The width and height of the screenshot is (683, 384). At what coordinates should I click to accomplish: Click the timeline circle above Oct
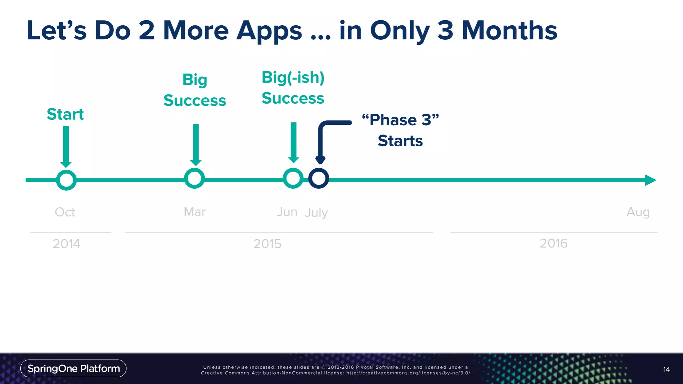pos(66,180)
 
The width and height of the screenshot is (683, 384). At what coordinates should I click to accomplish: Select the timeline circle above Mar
pos(194,178)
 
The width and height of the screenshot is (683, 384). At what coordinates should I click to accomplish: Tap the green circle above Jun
pos(293,178)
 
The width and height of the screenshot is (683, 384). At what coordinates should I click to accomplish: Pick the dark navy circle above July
pos(318,178)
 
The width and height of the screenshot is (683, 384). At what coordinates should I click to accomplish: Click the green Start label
pos(65,114)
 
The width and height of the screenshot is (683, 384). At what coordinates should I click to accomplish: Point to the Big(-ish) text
pos(293,78)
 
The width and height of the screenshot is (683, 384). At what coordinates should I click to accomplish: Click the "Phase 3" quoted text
pos(400,120)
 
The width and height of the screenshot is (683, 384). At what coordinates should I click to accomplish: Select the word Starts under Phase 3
pos(400,141)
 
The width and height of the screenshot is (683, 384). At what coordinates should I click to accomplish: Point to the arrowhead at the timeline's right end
pos(650,180)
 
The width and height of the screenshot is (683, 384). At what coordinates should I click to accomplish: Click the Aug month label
pos(638,212)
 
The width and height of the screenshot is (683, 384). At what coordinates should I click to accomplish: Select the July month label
pos(316,213)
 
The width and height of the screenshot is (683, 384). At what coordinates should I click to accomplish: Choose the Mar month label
pos(195,212)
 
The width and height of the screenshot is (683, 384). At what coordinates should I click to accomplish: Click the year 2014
pos(66,244)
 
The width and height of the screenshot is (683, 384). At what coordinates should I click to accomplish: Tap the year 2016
pos(553,243)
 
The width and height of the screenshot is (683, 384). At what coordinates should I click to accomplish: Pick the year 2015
pos(267,244)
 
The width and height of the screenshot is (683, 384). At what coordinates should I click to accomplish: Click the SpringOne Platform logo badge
pos(73,368)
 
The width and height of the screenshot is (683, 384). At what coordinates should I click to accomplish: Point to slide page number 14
pos(666,369)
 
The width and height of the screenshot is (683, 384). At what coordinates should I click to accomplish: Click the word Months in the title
pos(509,31)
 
